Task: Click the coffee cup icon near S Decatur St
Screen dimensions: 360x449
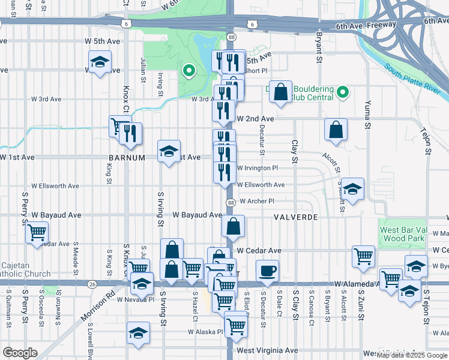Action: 268,271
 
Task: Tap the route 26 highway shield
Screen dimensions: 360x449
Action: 91,284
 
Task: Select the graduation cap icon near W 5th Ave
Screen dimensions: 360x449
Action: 100,62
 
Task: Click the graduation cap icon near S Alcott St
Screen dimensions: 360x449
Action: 354,189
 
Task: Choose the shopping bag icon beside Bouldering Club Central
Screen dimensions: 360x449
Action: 280,92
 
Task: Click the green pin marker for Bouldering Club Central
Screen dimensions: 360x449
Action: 343,92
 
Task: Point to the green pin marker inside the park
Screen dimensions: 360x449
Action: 189,71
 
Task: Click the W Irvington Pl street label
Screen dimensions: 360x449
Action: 258,169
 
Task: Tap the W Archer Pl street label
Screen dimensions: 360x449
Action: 256,202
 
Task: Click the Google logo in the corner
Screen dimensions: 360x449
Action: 20,353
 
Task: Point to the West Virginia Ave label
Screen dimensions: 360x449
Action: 267,350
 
